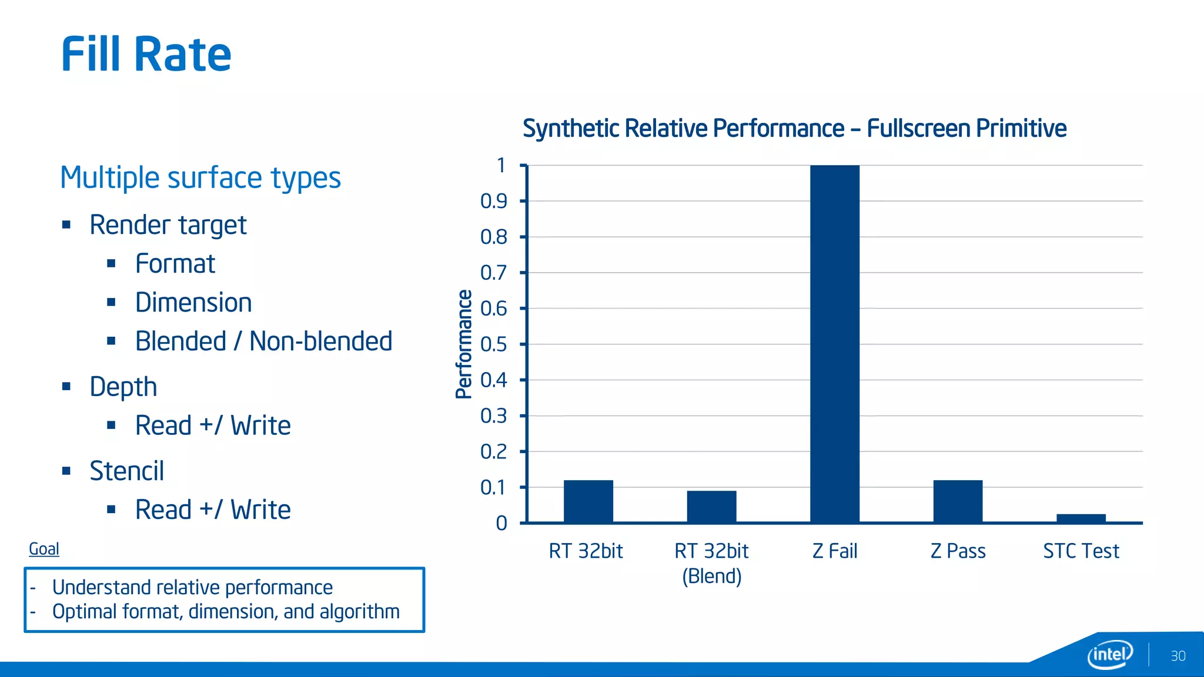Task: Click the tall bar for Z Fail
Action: pos(834,344)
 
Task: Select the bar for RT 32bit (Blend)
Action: pos(711,507)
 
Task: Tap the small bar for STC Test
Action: pos(1081,518)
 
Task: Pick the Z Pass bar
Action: pos(958,501)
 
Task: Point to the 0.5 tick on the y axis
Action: pos(494,344)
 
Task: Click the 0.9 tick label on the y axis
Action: pos(494,202)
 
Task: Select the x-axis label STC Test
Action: pos(1081,551)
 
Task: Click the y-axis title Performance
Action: pos(464,344)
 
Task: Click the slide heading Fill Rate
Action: pos(146,54)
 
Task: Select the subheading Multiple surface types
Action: pos(200,177)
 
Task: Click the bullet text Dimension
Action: pos(193,303)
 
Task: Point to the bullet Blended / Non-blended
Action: pos(263,341)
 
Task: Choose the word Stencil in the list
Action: pos(126,471)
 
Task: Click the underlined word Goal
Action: pos(44,549)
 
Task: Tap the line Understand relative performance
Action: pos(192,587)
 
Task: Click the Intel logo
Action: pos(1109,654)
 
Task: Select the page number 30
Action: pos(1178,656)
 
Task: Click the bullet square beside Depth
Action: pos(66,387)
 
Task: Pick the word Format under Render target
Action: pos(175,264)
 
